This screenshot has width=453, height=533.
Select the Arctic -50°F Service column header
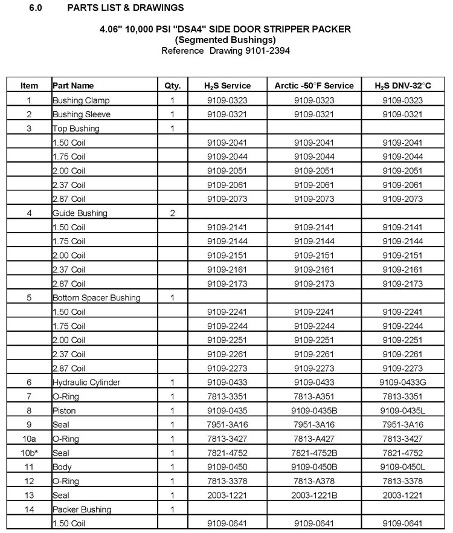(x=314, y=86)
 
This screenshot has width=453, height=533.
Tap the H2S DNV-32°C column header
(x=402, y=86)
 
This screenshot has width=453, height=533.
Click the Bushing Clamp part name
(x=81, y=100)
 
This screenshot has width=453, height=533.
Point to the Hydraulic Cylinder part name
(x=86, y=383)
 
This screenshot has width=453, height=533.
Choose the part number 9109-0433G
(x=402, y=383)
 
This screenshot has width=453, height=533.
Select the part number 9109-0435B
(x=314, y=410)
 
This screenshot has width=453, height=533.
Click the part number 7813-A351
(x=314, y=396)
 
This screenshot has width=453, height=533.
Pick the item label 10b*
(x=29, y=453)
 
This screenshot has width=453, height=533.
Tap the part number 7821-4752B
(x=314, y=453)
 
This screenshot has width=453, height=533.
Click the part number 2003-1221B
(x=314, y=495)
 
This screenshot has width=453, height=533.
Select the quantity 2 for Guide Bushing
(x=172, y=213)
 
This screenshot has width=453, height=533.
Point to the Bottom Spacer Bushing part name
(x=97, y=298)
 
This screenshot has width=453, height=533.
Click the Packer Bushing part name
(x=82, y=509)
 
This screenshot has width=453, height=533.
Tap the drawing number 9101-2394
(x=266, y=51)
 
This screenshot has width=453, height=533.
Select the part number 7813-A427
(x=314, y=439)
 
